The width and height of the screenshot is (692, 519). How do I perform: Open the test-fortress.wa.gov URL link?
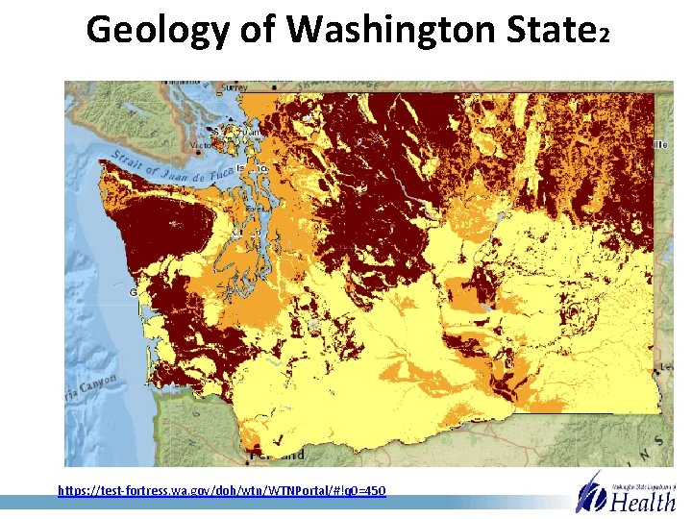tap(221, 490)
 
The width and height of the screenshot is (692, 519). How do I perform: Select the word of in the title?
tap(258, 30)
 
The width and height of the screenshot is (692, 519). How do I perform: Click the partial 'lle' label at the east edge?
tap(660, 143)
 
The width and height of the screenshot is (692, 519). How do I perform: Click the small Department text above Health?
tap(644, 478)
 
